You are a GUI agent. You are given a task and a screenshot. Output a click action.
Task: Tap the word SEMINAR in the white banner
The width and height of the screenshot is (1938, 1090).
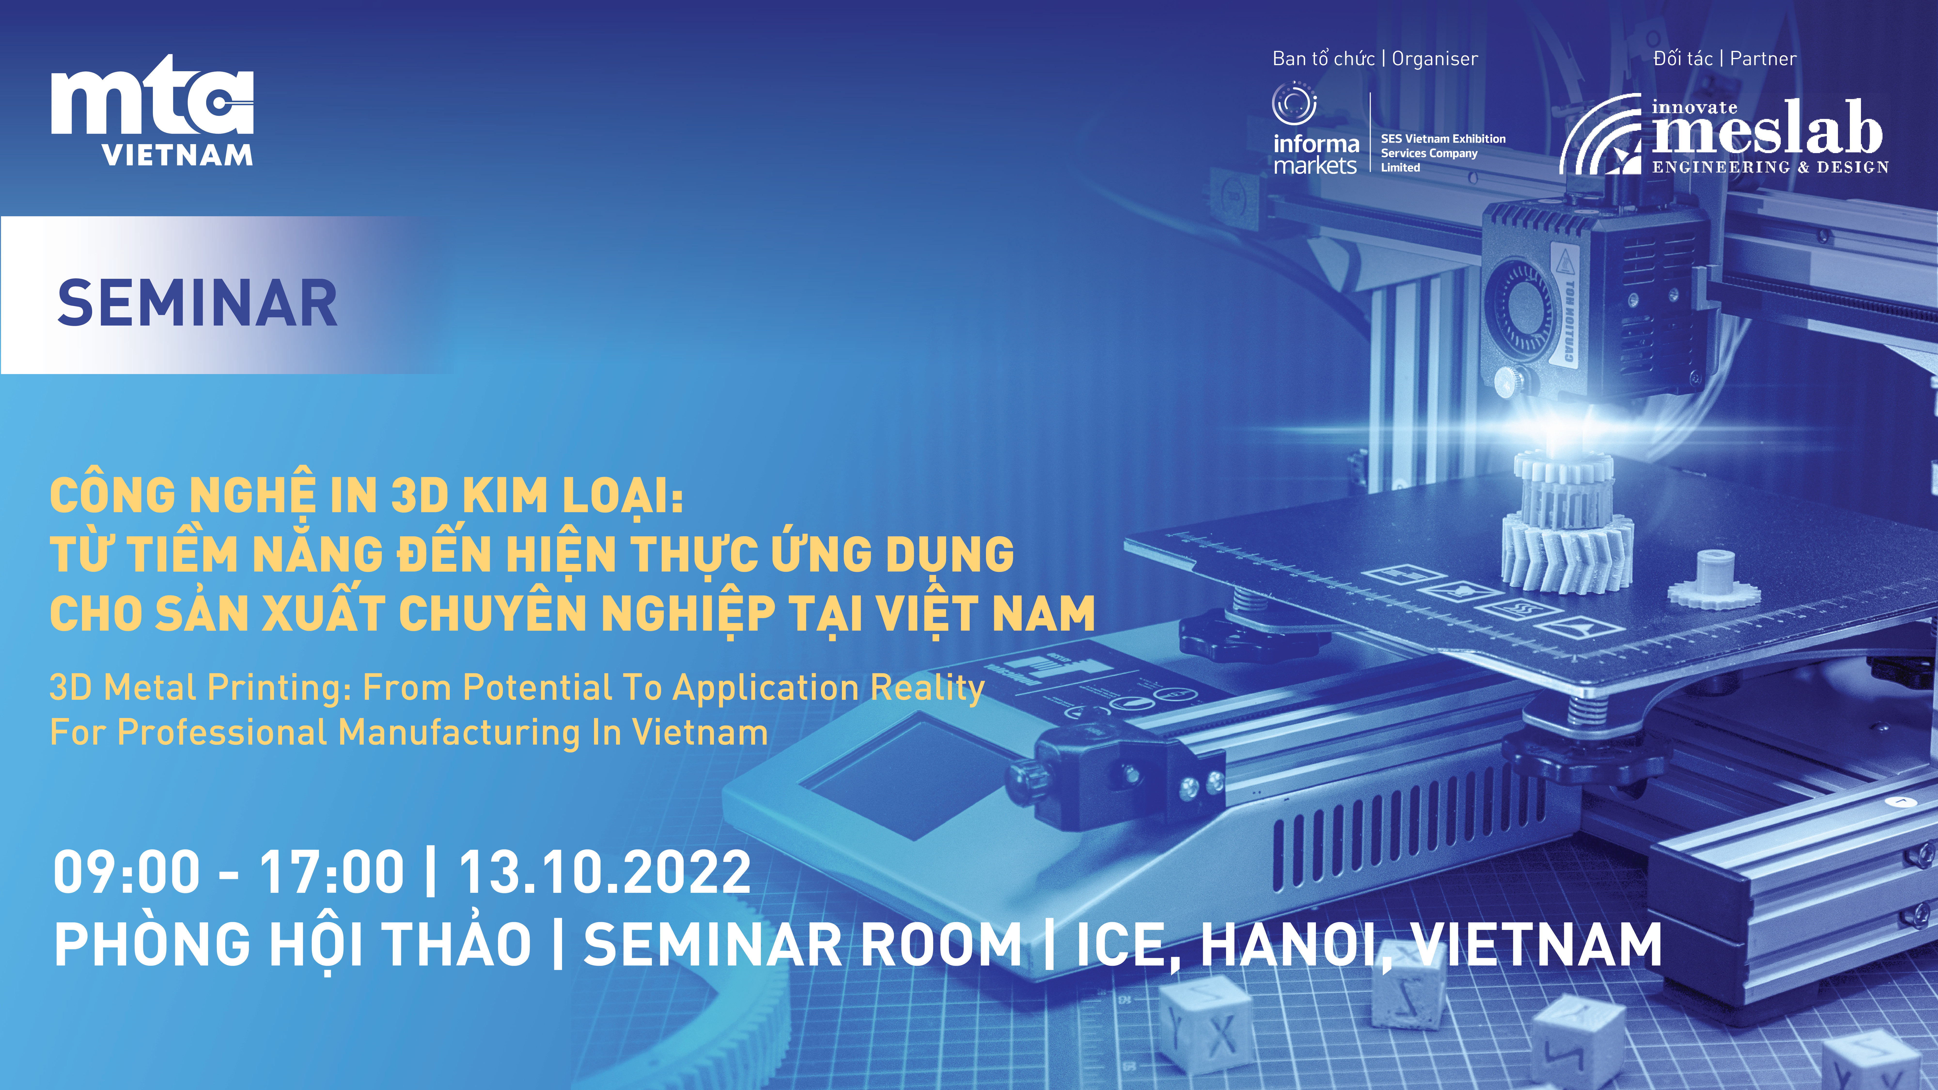tap(197, 303)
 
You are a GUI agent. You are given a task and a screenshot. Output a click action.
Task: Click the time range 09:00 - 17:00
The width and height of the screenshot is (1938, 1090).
tap(229, 872)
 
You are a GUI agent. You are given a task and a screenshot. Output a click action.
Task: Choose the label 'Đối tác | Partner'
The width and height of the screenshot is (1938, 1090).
tap(1724, 59)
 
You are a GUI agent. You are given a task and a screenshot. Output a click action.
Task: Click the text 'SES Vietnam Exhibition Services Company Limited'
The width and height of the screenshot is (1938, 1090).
tap(1443, 153)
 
